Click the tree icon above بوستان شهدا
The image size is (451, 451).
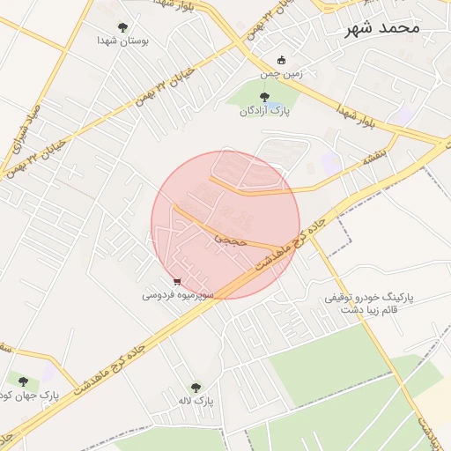click(x=122, y=27)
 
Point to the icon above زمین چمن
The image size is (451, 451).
click(x=281, y=61)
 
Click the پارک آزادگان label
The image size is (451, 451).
click(x=263, y=111)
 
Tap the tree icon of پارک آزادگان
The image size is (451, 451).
click(x=264, y=97)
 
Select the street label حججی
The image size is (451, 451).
click(x=232, y=238)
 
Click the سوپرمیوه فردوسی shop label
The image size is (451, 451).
click(x=179, y=296)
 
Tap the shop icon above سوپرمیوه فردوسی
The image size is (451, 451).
click(x=179, y=283)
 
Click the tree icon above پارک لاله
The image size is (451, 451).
click(x=196, y=388)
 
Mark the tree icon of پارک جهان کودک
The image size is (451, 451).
click(x=23, y=382)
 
